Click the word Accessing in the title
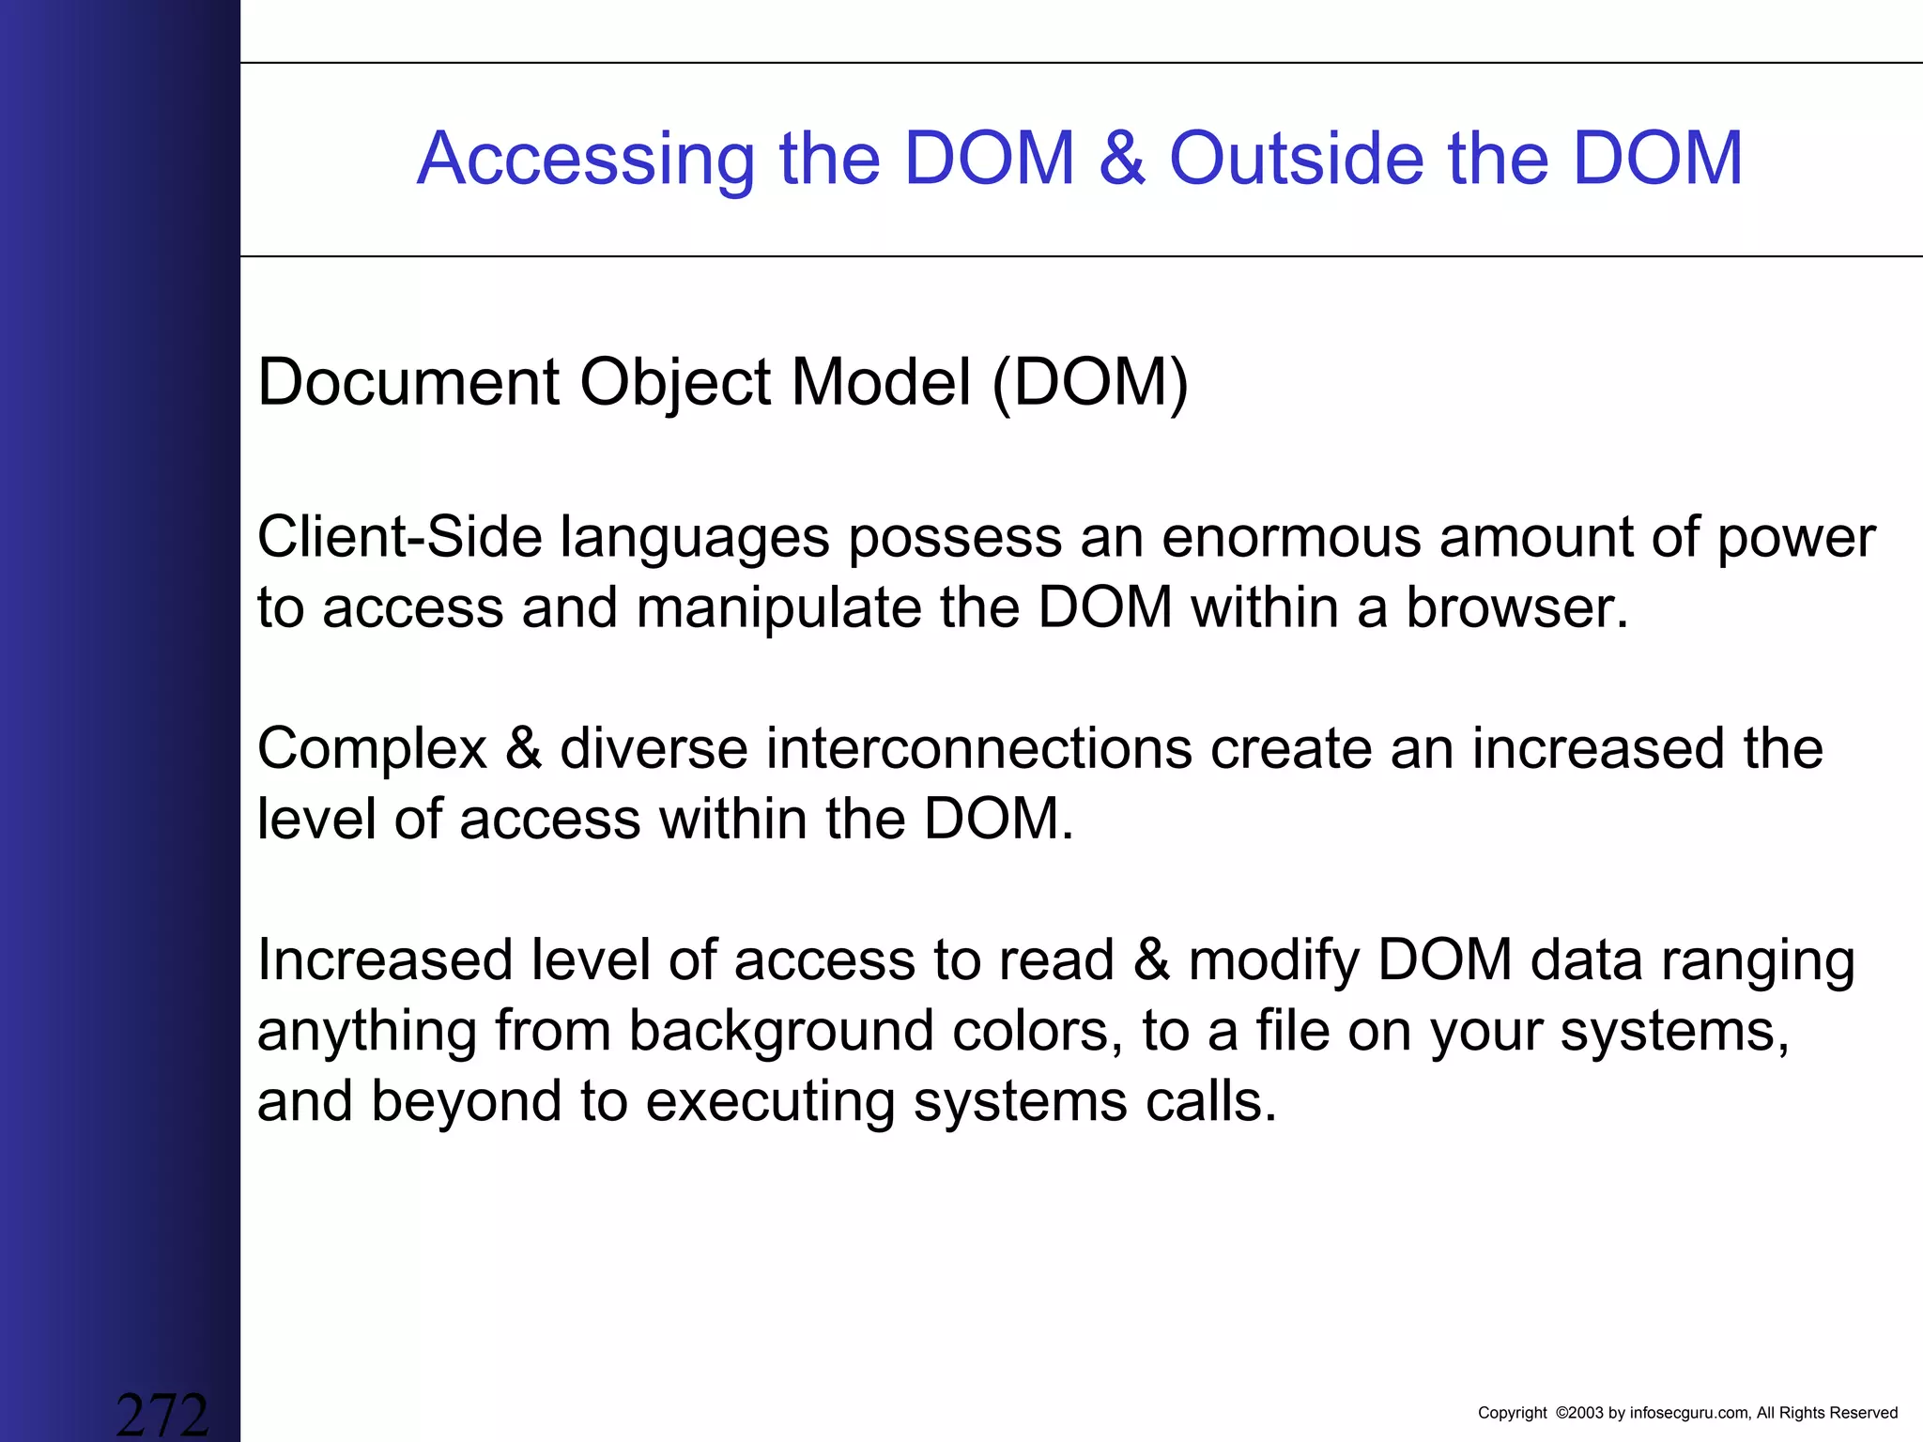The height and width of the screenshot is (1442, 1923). [586, 160]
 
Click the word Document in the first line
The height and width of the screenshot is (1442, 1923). [408, 383]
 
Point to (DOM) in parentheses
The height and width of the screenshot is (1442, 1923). [1089, 383]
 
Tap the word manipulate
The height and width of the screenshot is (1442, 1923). [778, 609]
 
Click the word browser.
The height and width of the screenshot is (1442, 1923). [1515, 607]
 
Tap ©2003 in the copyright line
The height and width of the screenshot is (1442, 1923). [1579, 1413]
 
